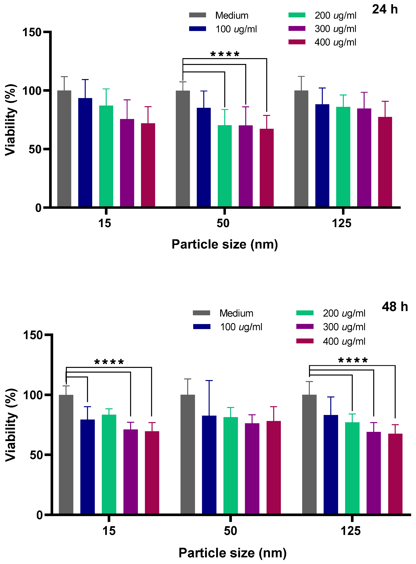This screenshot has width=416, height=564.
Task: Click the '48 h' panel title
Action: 395,307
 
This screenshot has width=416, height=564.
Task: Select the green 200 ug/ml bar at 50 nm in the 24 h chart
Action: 225,166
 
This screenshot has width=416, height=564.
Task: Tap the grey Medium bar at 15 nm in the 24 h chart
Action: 64,149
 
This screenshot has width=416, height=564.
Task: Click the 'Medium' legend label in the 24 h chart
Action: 232,16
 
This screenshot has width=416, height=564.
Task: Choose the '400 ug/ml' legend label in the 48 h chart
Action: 344,341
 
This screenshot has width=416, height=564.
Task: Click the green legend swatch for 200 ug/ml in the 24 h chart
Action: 297,15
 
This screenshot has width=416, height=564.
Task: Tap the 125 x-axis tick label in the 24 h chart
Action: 342,223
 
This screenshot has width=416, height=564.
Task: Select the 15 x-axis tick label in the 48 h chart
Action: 109,531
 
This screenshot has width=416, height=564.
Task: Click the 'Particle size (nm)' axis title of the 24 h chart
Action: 225,244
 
